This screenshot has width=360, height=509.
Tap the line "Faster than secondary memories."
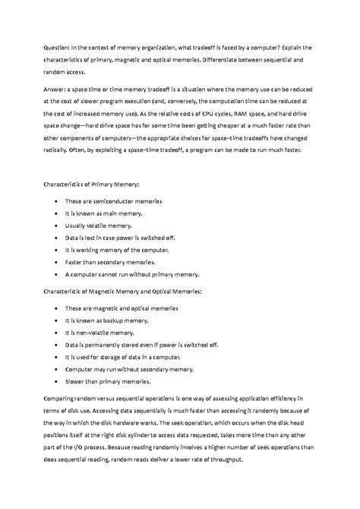click(109, 262)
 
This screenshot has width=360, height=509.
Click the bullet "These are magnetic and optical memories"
click(122, 308)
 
